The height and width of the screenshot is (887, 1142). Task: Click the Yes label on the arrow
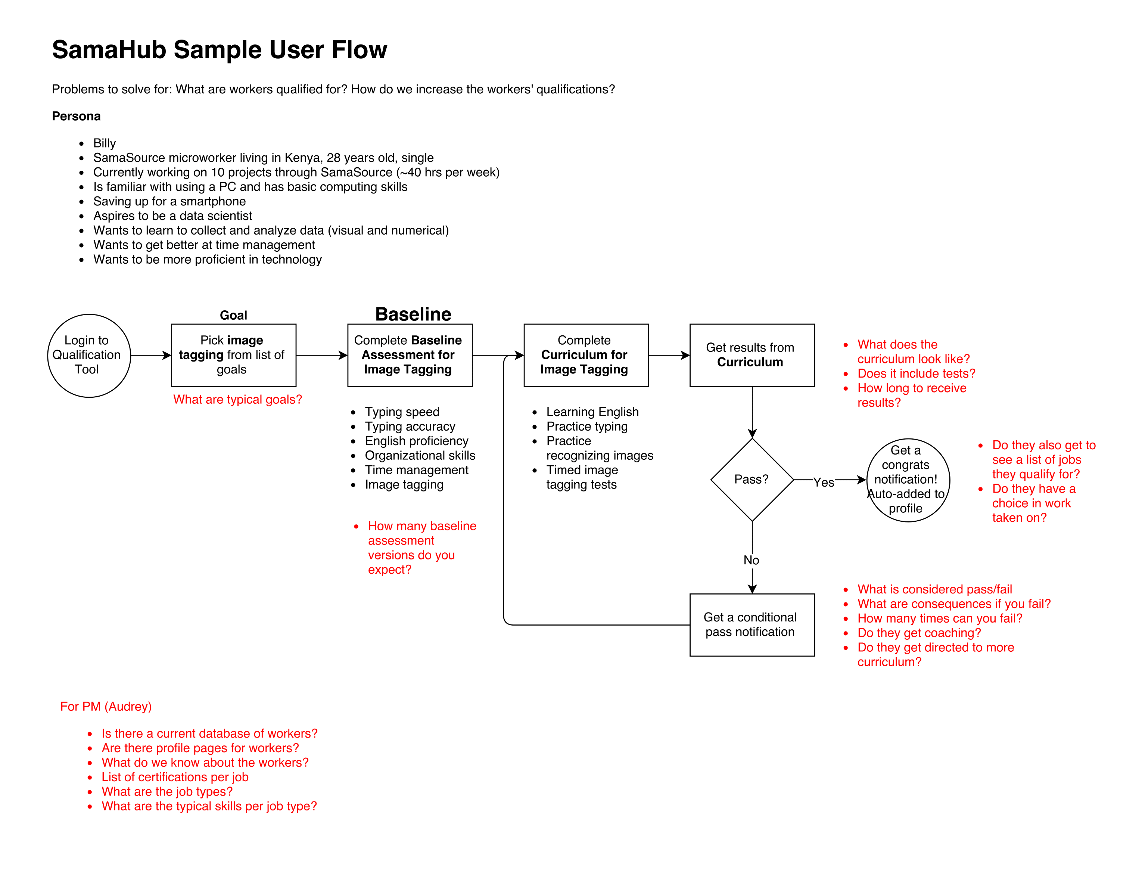[824, 482]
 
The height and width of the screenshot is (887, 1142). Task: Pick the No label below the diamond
[752, 560]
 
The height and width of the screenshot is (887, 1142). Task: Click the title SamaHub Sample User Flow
[220, 50]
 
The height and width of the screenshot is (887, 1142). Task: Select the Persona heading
[76, 116]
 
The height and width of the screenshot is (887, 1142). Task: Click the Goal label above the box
[233, 315]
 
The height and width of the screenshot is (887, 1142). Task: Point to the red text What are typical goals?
[237, 400]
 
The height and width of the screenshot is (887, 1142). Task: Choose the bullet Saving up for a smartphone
[169, 201]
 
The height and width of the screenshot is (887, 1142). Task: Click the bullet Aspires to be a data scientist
[172, 216]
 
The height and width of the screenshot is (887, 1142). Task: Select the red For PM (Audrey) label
[106, 707]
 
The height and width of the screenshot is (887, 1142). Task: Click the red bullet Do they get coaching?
[919, 633]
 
